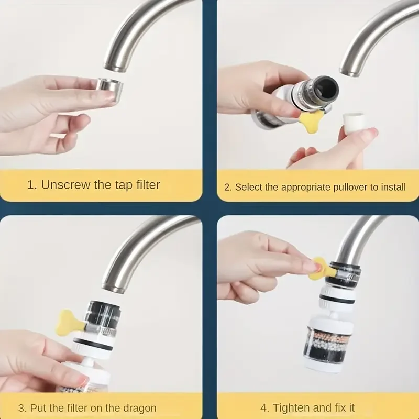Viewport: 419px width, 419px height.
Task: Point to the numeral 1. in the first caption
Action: [31, 185]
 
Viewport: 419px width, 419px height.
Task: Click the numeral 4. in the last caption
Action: [265, 408]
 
